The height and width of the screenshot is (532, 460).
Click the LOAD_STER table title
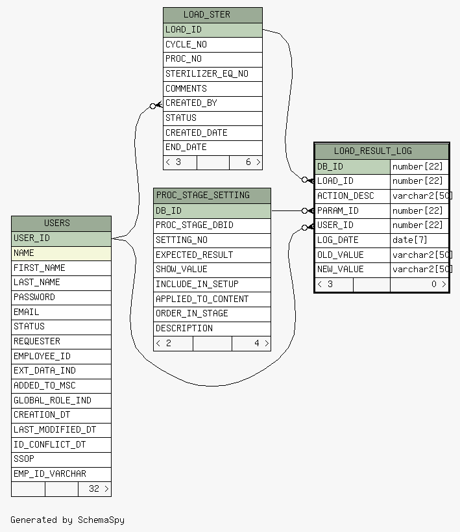pyautogui.click(x=207, y=14)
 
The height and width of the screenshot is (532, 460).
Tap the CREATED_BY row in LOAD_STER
pyautogui.click(x=213, y=103)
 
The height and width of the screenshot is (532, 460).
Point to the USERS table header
pyautogui.click(x=57, y=223)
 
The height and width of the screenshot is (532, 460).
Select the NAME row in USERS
pyautogui.click(x=61, y=253)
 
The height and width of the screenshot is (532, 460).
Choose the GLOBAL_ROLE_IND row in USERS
pyautogui.click(x=61, y=401)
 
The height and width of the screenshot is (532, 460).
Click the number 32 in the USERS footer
pyautogui.click(x=94, y=489)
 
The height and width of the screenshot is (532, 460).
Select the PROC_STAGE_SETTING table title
pyautogui.click(x=202, y=195)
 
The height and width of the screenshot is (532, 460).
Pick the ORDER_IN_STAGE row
pyautogui.click(x=212, y=314)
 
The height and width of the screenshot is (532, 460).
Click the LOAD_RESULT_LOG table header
pyautogui.click(x=373, y=151)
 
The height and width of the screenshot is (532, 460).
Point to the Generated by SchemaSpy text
pyautogui.click(x=67, y=520)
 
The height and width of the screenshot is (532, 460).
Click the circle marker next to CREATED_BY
pyautogui.click(x=153, y=106)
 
